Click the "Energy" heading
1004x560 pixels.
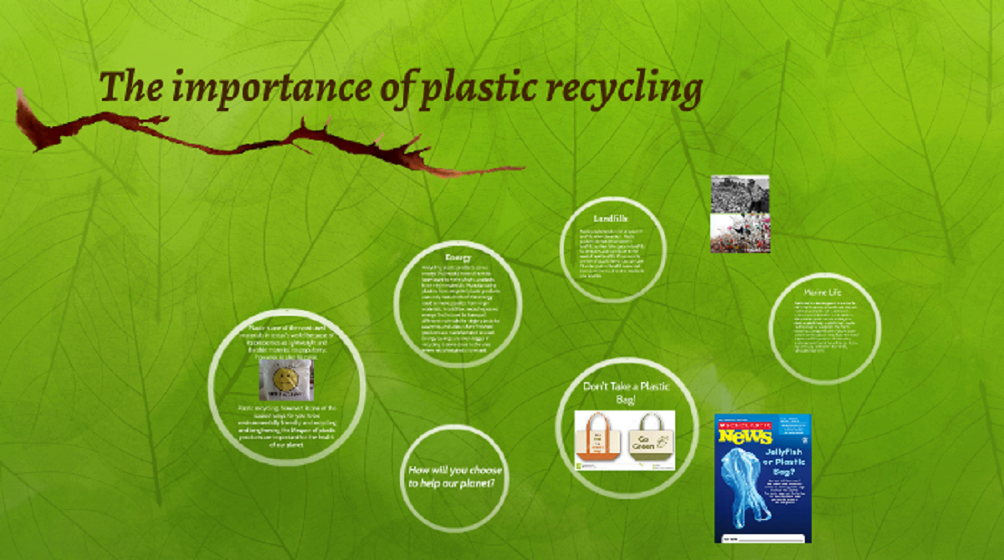[458, 256]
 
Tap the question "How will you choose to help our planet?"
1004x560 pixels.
[457, 476]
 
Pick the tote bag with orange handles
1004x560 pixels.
[598, 439]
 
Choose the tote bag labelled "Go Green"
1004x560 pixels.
[651, 438]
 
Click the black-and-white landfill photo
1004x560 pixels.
[740, 193]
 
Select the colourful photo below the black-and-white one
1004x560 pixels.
[740, 233]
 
